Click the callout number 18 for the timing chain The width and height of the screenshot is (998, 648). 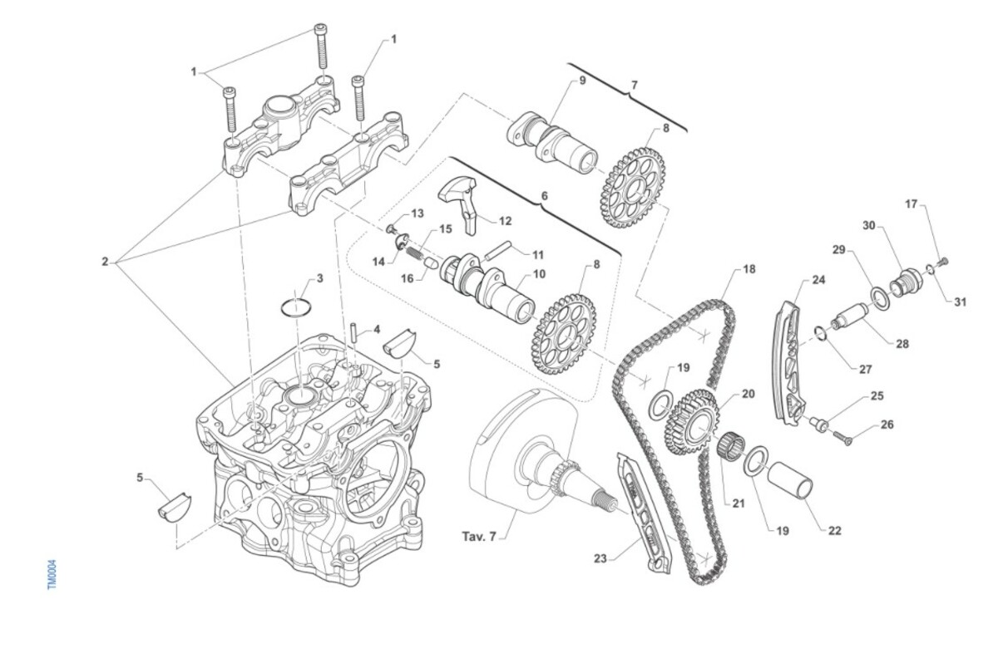click(749, 269)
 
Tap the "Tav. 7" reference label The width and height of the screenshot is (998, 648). click(479, 537)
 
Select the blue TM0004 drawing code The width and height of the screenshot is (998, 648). click(52, 575)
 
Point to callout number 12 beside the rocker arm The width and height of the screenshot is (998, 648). click(506, 221)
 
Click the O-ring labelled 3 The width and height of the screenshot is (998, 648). click(296, 308)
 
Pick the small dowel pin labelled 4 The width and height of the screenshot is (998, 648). click(353, 333)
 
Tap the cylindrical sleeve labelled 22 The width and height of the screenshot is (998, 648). click(789, 485)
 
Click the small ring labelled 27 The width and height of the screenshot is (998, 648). click(821, 333)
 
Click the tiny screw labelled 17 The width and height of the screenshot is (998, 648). click(943, 261)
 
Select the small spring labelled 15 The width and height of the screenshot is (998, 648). click(415, 255)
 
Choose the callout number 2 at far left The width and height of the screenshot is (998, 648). click(105, 262)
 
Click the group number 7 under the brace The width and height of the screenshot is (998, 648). click(635, 85)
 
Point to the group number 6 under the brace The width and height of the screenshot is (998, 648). click(544, 196)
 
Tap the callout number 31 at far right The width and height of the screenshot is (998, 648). click(960, 302)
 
